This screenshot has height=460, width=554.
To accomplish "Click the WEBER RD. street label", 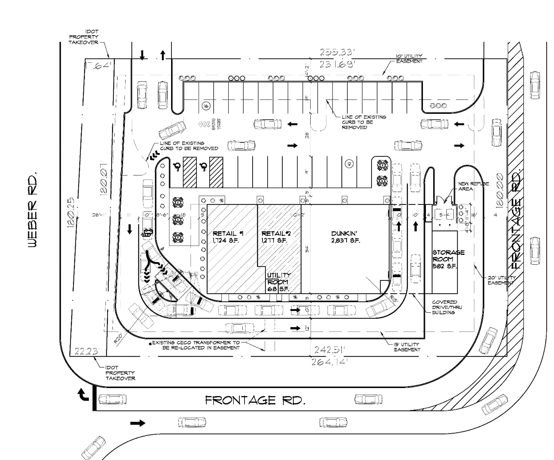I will click(32, 210).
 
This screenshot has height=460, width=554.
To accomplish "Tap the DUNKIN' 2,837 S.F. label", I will click(345, 237).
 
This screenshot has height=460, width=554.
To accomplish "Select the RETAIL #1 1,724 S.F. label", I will click(228, 237).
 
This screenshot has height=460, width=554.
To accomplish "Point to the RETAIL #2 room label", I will click(276, 237).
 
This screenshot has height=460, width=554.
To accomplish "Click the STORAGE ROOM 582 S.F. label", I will click(448, 259).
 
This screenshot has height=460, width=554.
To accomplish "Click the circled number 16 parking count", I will click(206, 106).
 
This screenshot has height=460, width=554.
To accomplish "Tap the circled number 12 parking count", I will click(349, 164).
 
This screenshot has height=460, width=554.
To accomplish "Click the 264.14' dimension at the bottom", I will click(328, 362).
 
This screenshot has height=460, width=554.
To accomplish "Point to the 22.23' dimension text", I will click(86, 351).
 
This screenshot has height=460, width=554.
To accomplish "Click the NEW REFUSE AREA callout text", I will click(473, 186).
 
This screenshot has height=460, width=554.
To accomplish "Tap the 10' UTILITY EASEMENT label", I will click(409, 59).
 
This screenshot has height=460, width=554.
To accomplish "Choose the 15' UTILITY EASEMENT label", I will click(407, 347).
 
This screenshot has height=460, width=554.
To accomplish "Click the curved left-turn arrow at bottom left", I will click(83, 395).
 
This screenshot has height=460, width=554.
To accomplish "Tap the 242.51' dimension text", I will click(330, 350).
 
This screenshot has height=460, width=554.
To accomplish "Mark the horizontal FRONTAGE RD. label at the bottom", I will click(255, 400).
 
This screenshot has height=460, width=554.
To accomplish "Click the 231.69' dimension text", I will click(336, 64).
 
